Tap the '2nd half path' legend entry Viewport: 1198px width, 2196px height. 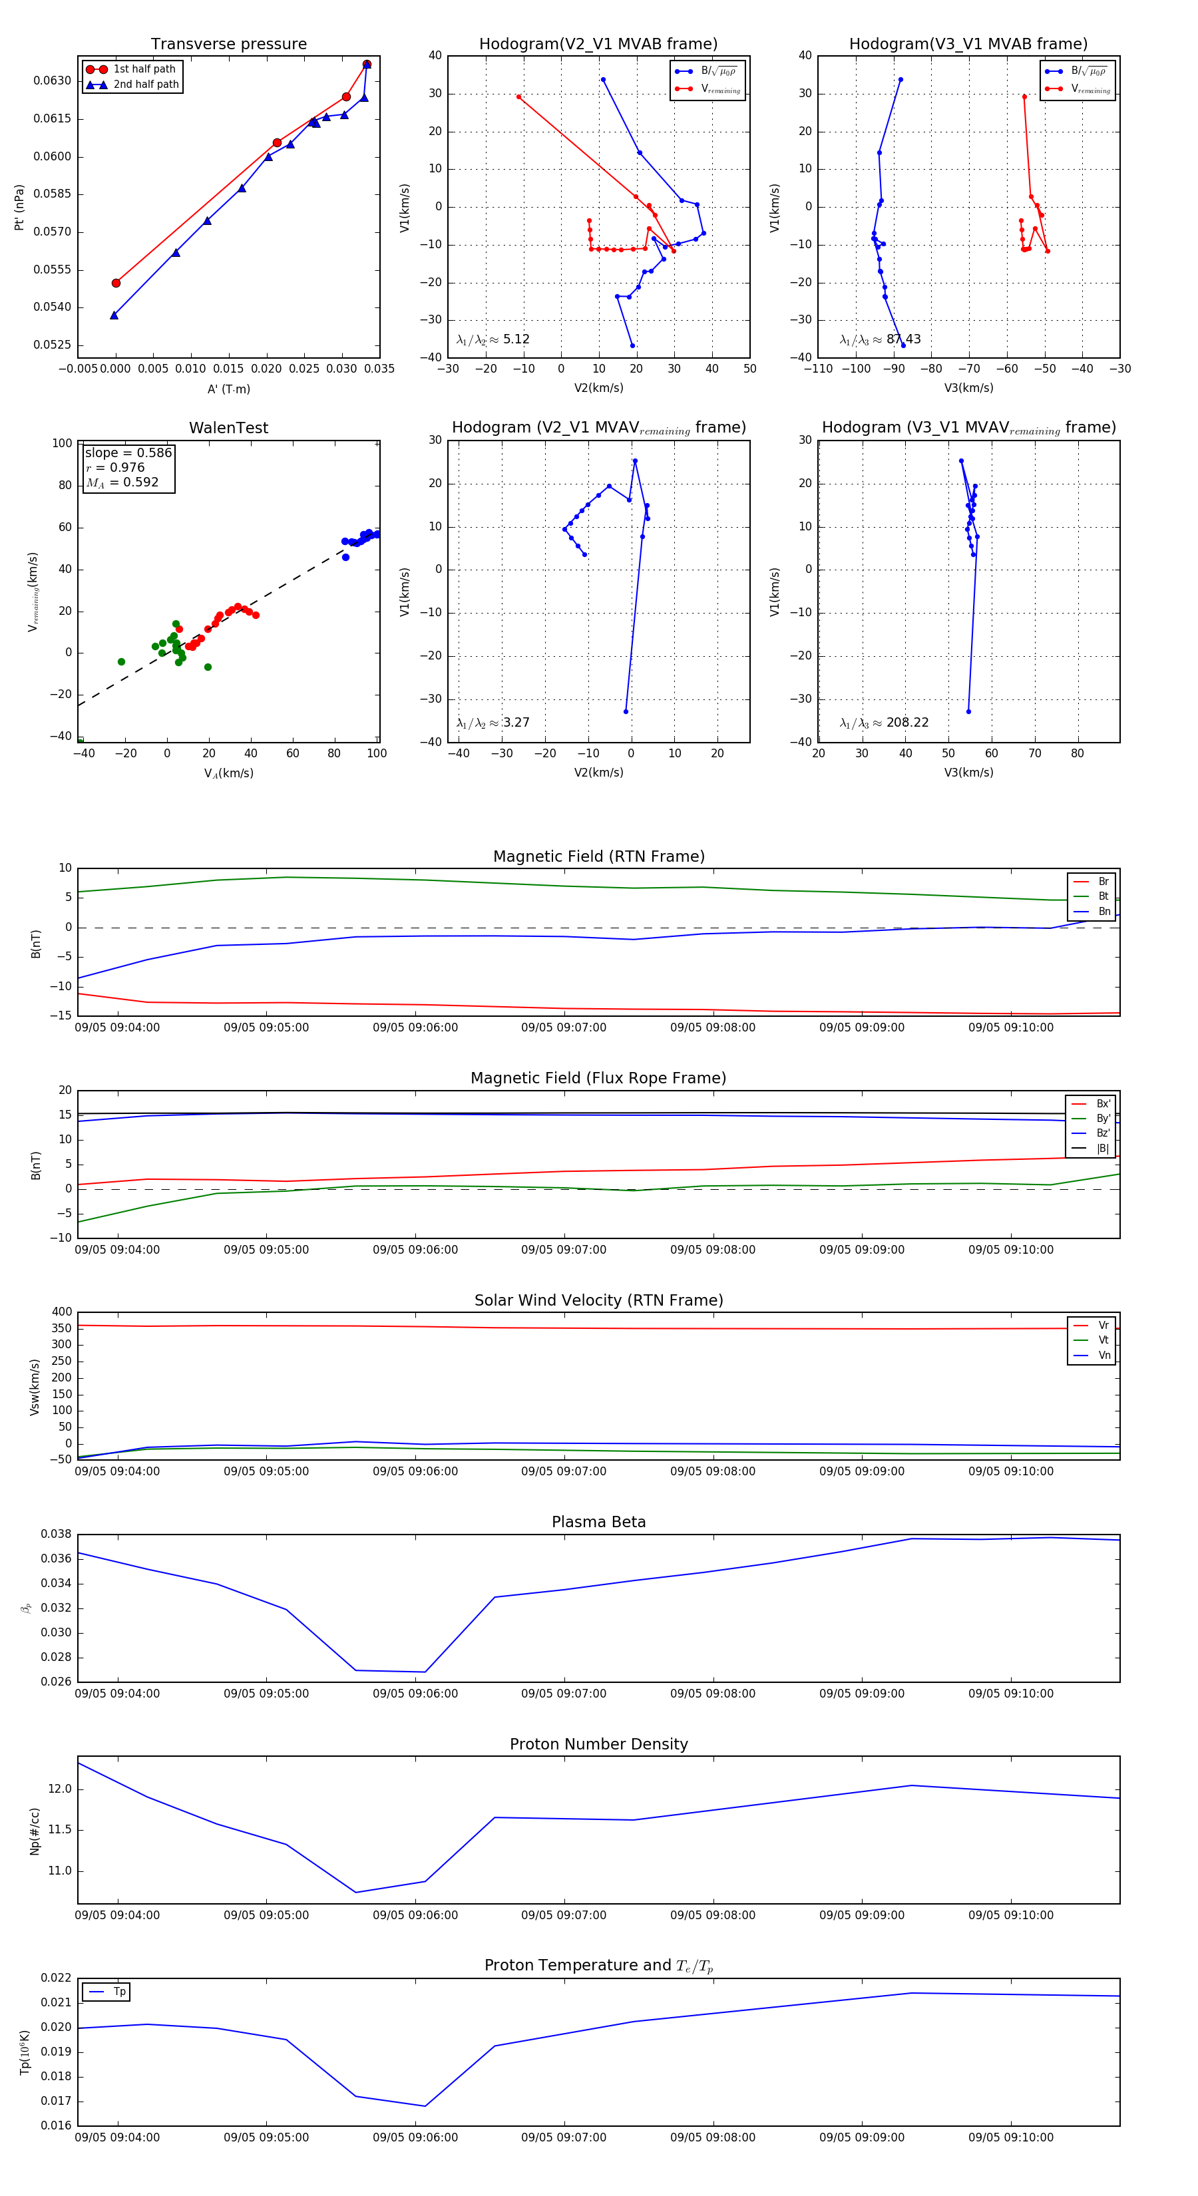[x=146, y=85]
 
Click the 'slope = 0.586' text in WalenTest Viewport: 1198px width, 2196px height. [x=128, y=453]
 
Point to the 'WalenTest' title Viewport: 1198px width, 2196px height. [x=228, y=428]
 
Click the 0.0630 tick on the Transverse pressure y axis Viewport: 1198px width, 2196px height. [x=53, y=81]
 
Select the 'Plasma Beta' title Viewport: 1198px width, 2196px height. [x=598, y=1522]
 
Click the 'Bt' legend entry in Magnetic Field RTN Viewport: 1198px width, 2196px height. [x=1103, y=896]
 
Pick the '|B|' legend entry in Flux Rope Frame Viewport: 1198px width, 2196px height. [x=1103, y=1149]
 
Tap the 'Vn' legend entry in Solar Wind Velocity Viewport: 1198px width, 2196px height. [x=1104, y=1356]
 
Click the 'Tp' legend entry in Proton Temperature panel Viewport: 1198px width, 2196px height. [x=119, y=1992]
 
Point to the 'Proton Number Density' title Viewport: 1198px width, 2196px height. [x=598, y=1744]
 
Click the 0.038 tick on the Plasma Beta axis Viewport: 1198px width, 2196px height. [x=57, y=1534]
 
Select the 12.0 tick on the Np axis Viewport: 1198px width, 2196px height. [x=60, y=1789]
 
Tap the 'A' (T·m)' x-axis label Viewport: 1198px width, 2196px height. [x=228, y=389]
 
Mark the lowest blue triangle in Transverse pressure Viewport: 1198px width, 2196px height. [x=114, y=315]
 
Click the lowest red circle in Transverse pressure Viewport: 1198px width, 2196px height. [x=116, y=283]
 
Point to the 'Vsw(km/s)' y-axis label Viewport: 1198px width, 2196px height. [x=35, y=1387]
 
